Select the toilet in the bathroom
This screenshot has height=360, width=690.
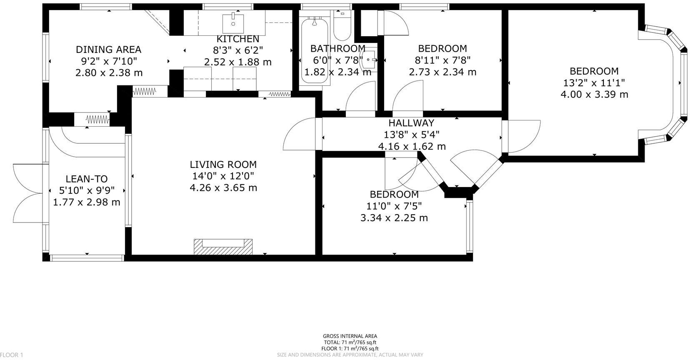pyautogui.click(x=342, y=26)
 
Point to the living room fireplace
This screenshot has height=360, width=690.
pyautogui.click(x=223, y=247)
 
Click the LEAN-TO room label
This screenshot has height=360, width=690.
pyautogui.click(x=87, y=179)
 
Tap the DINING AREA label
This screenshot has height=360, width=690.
pyautogui.click(x=108, y=50)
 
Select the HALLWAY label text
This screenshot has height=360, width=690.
pyautogui.click(x=411, y=123)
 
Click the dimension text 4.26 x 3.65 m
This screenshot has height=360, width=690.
pyautogui.click(x=223, y=187)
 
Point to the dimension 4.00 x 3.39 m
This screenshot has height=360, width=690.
pyautogui.click(x=594, y=94)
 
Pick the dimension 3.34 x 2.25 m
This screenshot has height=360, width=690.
pyautogui.click(x=394, y=218)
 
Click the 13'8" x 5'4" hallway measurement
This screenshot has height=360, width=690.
pyautogui.click(x=412, y=135)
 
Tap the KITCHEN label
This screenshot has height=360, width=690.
pyautogui.click(x=238, y=39)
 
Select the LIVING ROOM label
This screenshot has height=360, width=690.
pyautogui.click(x=223, y=165)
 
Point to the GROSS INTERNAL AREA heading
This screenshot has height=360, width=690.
pyautogui.click(x=350, y=336)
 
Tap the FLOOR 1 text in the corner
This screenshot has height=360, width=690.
pyautogui.click(x=12, y=355)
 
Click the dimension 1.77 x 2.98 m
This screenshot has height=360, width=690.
pyautogui.click(x=87, y=202)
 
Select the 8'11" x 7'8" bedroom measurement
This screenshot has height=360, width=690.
pyautogui.click(x=442, y=60)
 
